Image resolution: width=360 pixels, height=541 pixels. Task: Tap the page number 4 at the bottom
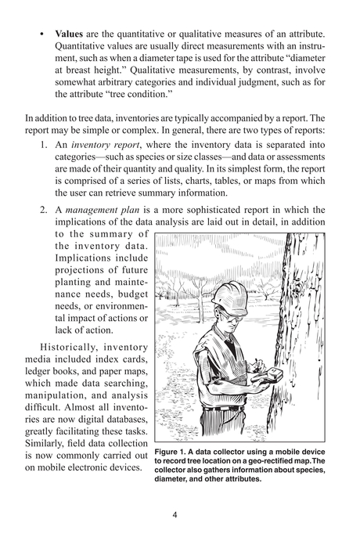tap(180, 514)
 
